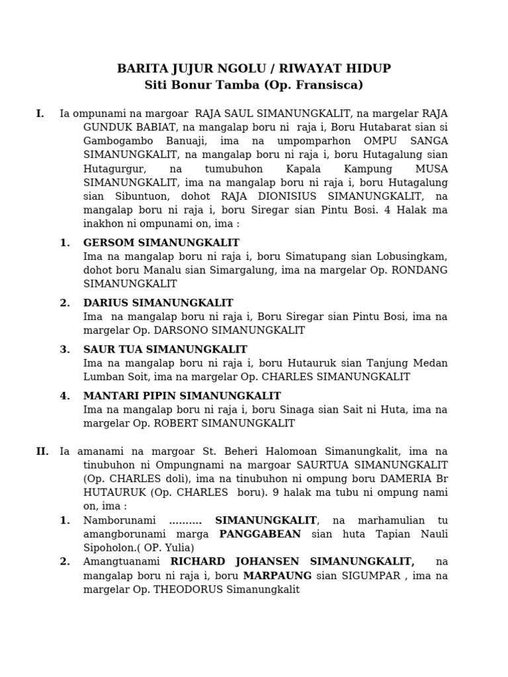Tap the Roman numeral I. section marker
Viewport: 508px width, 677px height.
(40, 114)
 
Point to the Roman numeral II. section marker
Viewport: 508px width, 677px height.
(42, 452)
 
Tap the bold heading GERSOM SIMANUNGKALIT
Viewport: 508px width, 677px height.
(161, 243)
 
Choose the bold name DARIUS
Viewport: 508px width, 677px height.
(106, 303)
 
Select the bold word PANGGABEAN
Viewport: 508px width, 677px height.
(260, 534)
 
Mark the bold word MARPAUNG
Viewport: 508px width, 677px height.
(277, 576)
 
